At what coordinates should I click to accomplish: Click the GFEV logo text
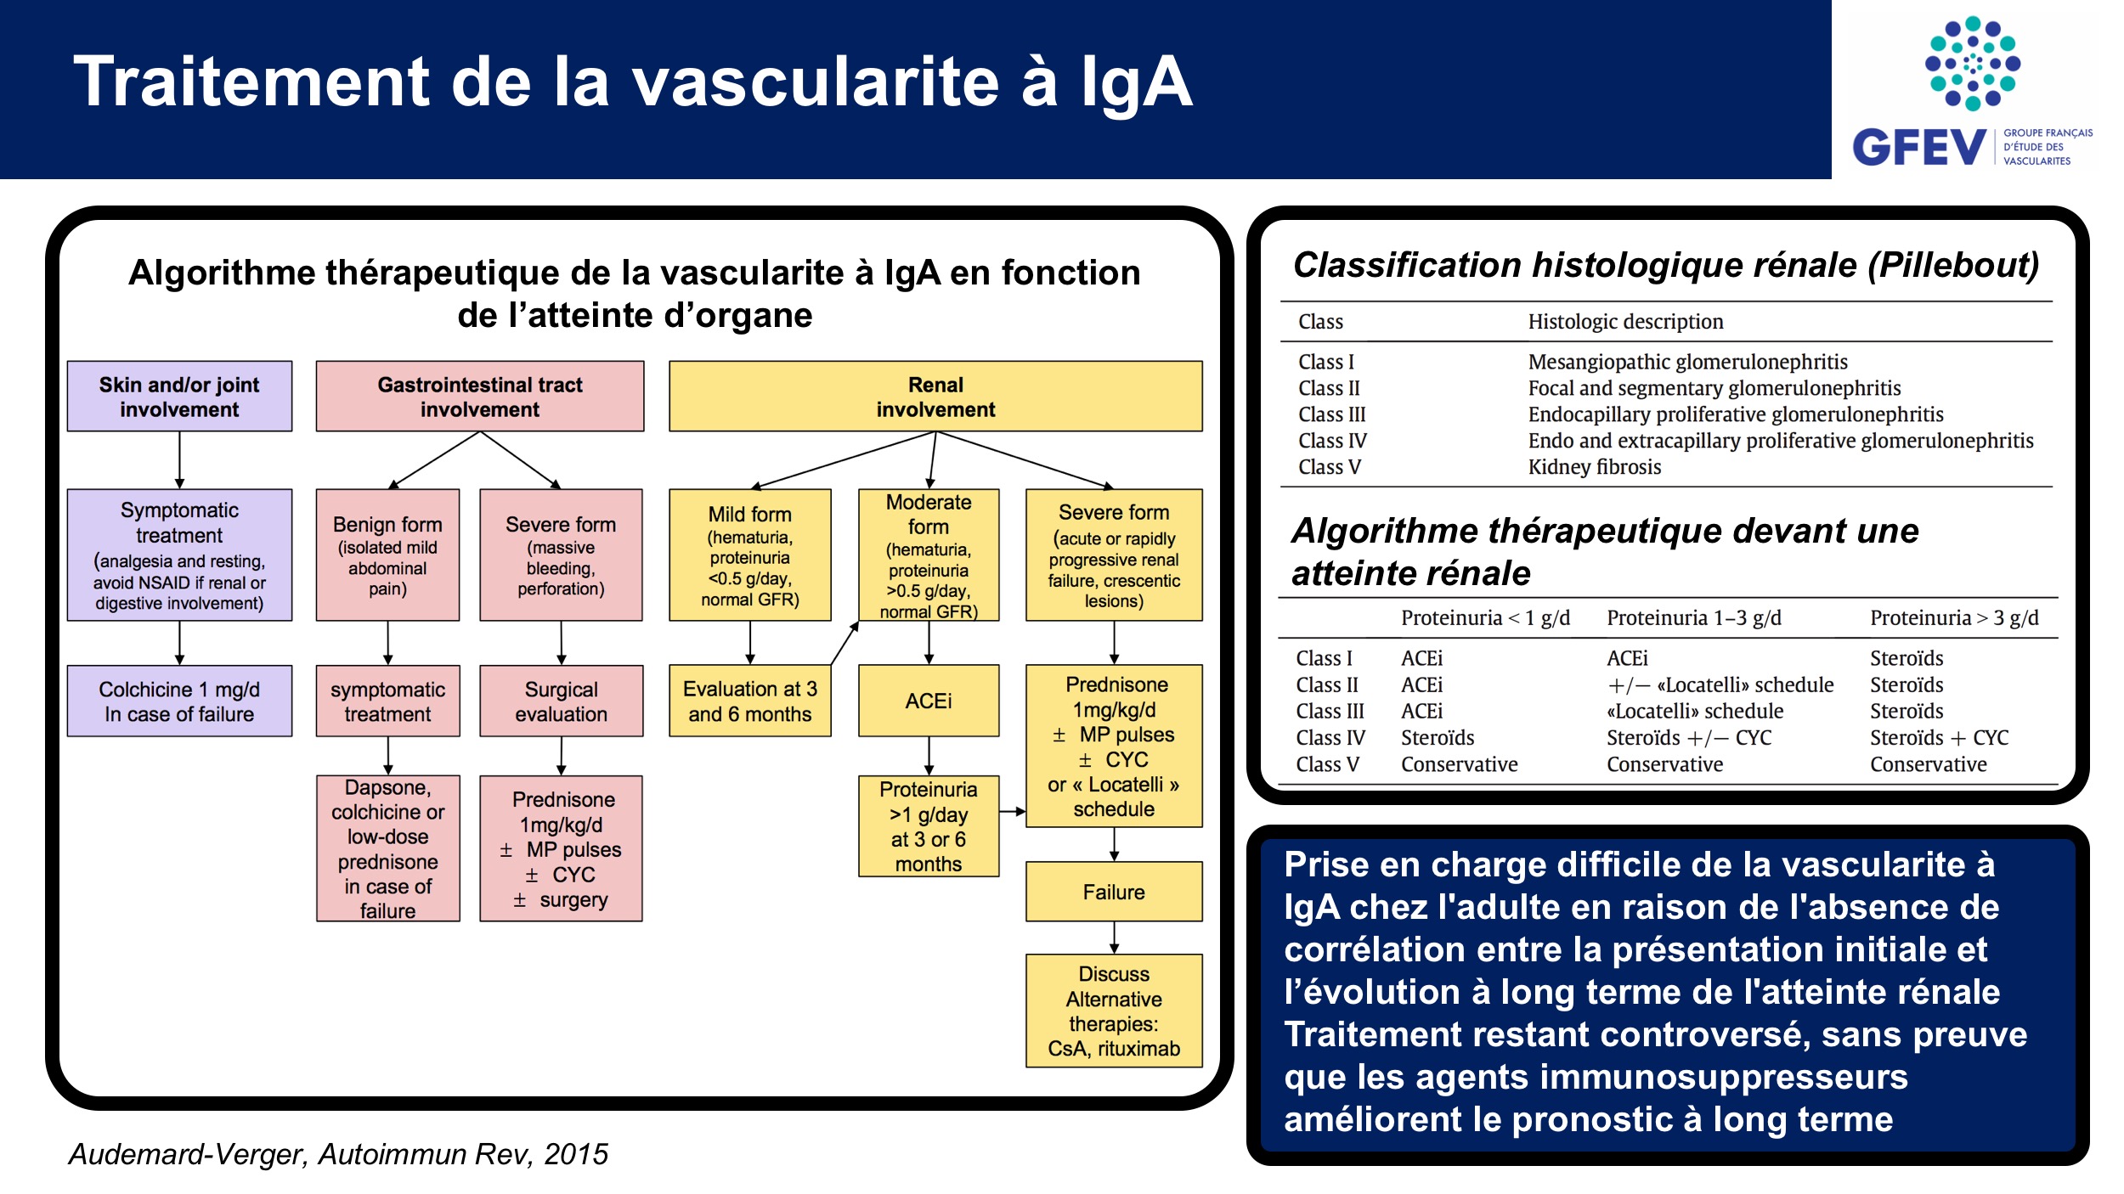pos(1919,147)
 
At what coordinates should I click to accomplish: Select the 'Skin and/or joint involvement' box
pos(179,397)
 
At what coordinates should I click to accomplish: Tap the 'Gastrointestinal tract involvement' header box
pos(480,397)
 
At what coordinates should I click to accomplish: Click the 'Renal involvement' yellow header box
pos(935,397)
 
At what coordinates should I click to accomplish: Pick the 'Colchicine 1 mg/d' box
pos(179,701)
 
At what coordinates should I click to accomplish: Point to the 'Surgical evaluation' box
pos(561,701)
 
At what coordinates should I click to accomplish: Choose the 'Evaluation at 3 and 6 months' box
pos(750,701)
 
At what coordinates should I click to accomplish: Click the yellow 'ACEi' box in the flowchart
pos(929,701)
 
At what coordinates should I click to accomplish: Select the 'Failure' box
pos(1114,892)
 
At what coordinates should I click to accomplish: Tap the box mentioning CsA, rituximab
pos(1114,1011)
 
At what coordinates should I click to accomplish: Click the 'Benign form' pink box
pos(387,555)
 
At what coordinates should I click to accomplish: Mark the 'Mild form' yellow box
pos(750,555)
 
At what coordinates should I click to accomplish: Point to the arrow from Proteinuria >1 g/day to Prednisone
pos(1013,811)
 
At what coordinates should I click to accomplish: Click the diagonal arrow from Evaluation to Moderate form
pos(845,643)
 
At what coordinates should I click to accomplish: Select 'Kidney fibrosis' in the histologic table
pos(1595,467)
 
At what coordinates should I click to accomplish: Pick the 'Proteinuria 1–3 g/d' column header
pos(1694,617)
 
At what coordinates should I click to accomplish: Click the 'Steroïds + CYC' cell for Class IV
pos(1939,737)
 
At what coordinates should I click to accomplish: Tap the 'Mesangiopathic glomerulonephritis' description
pos(1687,362)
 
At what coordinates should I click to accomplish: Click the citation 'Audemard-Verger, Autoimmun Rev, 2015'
pos(338,1154)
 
